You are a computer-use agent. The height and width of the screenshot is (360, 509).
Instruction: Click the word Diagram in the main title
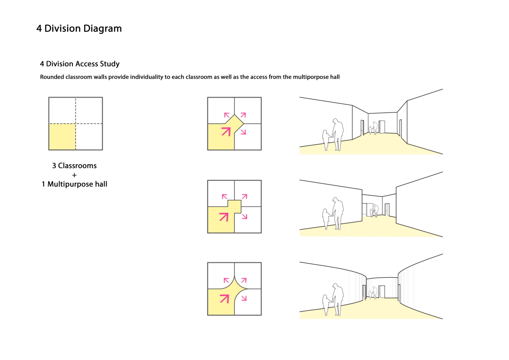click(102, 29)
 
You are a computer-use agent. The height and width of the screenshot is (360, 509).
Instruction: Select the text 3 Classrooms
click(74, 166)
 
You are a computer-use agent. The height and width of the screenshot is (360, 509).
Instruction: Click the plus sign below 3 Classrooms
click(74, 175)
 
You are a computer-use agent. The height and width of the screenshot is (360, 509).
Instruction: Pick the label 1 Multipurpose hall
click(74, 184)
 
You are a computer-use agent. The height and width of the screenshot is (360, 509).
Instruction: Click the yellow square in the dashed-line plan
click(62, 137)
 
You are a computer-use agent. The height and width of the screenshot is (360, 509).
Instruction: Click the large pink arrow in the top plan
click(226, 131)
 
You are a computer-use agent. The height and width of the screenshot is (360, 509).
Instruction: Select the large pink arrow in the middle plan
click(224, 217)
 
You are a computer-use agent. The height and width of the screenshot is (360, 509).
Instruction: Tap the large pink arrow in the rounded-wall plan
click(224, 298)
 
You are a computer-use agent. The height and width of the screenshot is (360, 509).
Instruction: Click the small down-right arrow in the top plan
click(243, 132)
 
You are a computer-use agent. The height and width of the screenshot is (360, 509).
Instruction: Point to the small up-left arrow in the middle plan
click(224, 196)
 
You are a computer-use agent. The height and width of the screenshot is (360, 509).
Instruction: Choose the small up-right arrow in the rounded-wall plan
click(244, 280)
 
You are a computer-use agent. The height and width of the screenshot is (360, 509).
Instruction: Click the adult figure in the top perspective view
click(338, 135)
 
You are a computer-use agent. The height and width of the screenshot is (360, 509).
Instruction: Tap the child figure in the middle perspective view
click(326, 220)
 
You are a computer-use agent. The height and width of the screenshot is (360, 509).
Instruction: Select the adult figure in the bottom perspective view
click(338, 300)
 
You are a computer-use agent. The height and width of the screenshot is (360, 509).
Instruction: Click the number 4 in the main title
click(39, 28)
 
